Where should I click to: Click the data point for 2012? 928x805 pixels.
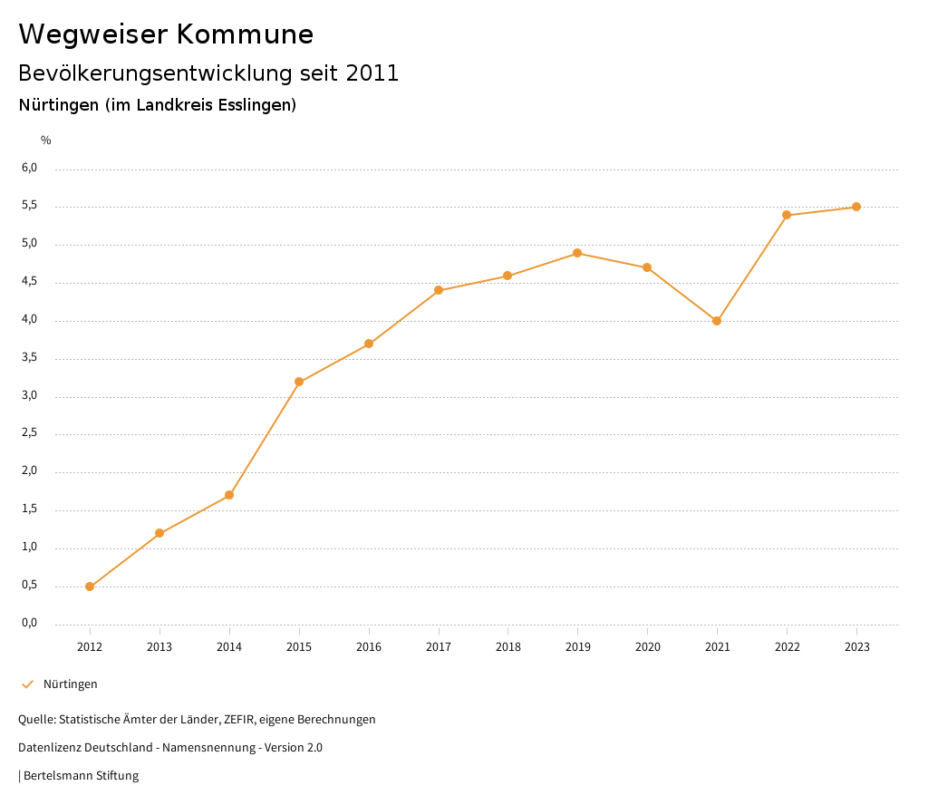click(x=90, y=587)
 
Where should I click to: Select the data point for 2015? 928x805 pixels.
click(x=299, y=382)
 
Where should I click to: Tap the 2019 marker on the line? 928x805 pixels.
click(x=577, y=253)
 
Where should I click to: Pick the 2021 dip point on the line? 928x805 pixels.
click(x=717, y=321)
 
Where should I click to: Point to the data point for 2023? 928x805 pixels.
click(x=856, y=207)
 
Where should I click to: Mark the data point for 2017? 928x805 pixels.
click(x=439, y=290)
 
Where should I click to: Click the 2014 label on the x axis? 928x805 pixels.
click(x=229, y=646)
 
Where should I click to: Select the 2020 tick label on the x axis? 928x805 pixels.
click(x=647, y=646)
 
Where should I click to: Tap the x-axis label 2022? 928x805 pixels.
click(x=787, y=646)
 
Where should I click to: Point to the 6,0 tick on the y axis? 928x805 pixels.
click(x=29, y=168)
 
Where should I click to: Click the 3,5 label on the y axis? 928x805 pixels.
click(x=29, y=357)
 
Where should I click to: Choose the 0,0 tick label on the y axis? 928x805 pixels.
click(x=29, y=623)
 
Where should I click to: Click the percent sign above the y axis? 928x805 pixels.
click(x=46, y=140)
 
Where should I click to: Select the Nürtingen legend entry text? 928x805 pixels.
click(x=71, y=684)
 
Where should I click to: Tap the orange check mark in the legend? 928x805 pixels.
click(x=27, y=684)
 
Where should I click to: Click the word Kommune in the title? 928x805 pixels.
click(x=245, y=34)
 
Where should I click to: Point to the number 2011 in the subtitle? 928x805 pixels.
click(x=372, y=73)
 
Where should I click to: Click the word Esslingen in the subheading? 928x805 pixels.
click(x=256, y=105)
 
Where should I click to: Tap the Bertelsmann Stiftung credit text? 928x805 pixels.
click(x=81, y=775)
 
